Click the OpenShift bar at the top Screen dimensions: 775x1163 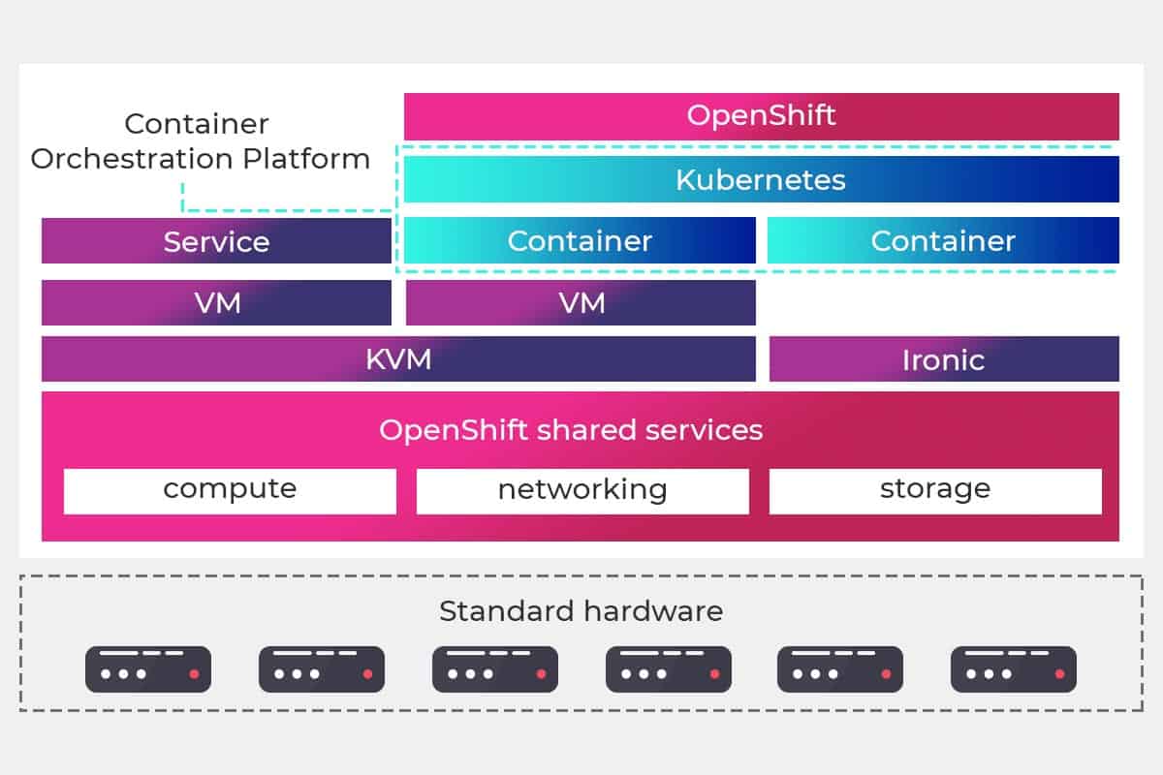(x=761, y=116)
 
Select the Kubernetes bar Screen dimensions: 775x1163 (x=761, y=179)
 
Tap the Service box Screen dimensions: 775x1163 (x=216, y=241)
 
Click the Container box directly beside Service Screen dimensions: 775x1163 (x=580, y=241)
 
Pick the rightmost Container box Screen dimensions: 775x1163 (x=943, y=241)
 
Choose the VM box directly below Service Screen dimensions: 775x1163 (x=216, y=303)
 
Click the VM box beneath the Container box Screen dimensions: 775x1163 (x=581, y=303)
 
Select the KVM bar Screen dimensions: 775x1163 (x=398, y=359)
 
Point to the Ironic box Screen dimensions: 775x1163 (x=943, y=359)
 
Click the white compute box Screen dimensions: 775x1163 (x=230, y=490)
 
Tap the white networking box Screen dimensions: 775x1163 (x=582, y=490)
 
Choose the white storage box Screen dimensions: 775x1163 (x=935, y=490)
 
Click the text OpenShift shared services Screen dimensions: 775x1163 (x=571, y=430)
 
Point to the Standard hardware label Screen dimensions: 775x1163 (x=581, y=611)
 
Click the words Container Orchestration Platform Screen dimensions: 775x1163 (x=200, y=141)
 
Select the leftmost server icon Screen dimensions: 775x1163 (x=148, y=669)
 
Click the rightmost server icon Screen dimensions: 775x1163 (x=1013, y=669)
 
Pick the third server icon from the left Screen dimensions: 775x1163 (x=494, y=669)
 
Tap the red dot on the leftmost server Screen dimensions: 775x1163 (x=194, y=673)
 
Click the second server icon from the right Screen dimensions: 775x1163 (x=840, y=669)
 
